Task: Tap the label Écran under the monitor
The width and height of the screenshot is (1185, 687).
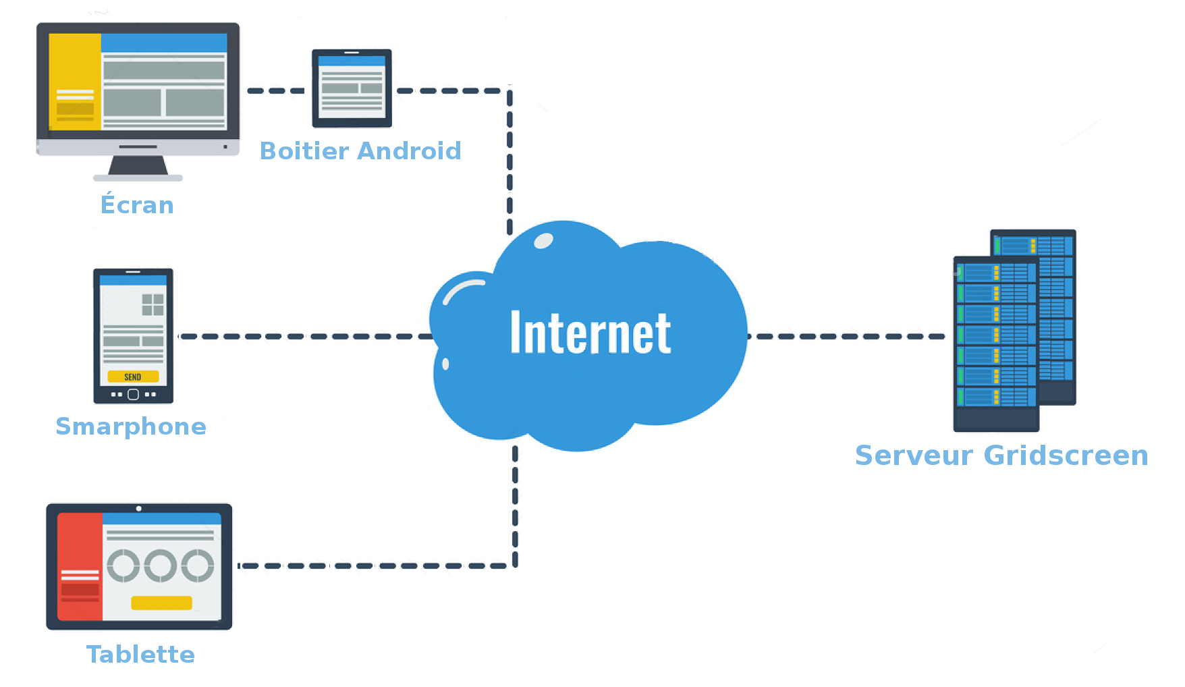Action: [137, 204]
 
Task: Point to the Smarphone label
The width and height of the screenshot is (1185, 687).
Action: [131, 427]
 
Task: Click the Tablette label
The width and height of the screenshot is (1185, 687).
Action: [140, 654]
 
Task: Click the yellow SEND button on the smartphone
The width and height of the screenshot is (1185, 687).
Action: [133, 377]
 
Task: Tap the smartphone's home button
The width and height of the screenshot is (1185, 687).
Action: [133, 394]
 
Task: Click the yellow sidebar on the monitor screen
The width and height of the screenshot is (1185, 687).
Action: [75, 81]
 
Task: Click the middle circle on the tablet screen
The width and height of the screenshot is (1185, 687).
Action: [161, 566]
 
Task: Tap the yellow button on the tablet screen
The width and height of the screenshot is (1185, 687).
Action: [161, 603]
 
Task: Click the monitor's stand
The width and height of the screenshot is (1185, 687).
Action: [138, 166]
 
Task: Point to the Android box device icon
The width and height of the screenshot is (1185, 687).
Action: [352, 88]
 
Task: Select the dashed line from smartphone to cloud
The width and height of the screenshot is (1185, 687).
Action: [304, 336]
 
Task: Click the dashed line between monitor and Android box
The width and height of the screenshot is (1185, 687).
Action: [275, 90]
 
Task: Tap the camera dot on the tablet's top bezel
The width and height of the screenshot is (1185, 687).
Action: [139, 509]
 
